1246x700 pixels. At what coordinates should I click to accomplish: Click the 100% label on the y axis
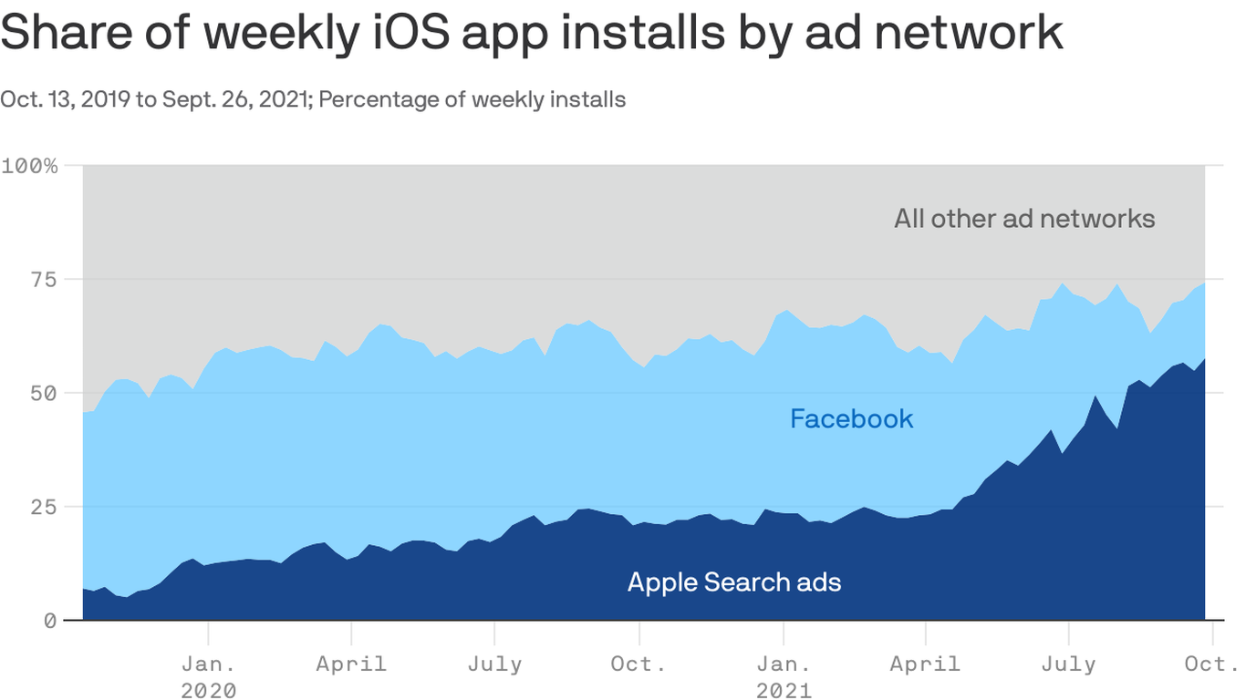coord(29,166)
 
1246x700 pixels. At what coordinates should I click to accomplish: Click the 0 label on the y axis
coord(50,621)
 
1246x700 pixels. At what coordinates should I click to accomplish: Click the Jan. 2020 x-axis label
coord(208,676)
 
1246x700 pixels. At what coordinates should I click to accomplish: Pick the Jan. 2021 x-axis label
coord(783,676)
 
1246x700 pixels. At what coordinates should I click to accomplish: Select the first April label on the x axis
coord(351,664)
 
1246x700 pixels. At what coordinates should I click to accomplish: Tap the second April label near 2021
coord(925,664)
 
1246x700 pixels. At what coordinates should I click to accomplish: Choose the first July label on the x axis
coord(494,664)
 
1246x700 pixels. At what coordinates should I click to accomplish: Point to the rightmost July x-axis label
coord(1068,664)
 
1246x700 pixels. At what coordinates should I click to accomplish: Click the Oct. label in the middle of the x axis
coord(639,664)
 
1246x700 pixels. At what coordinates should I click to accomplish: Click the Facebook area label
coord(851,419)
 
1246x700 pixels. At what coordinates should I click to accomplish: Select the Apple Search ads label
coord(734,582)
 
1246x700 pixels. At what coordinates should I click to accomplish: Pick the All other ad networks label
coord(1024,219)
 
